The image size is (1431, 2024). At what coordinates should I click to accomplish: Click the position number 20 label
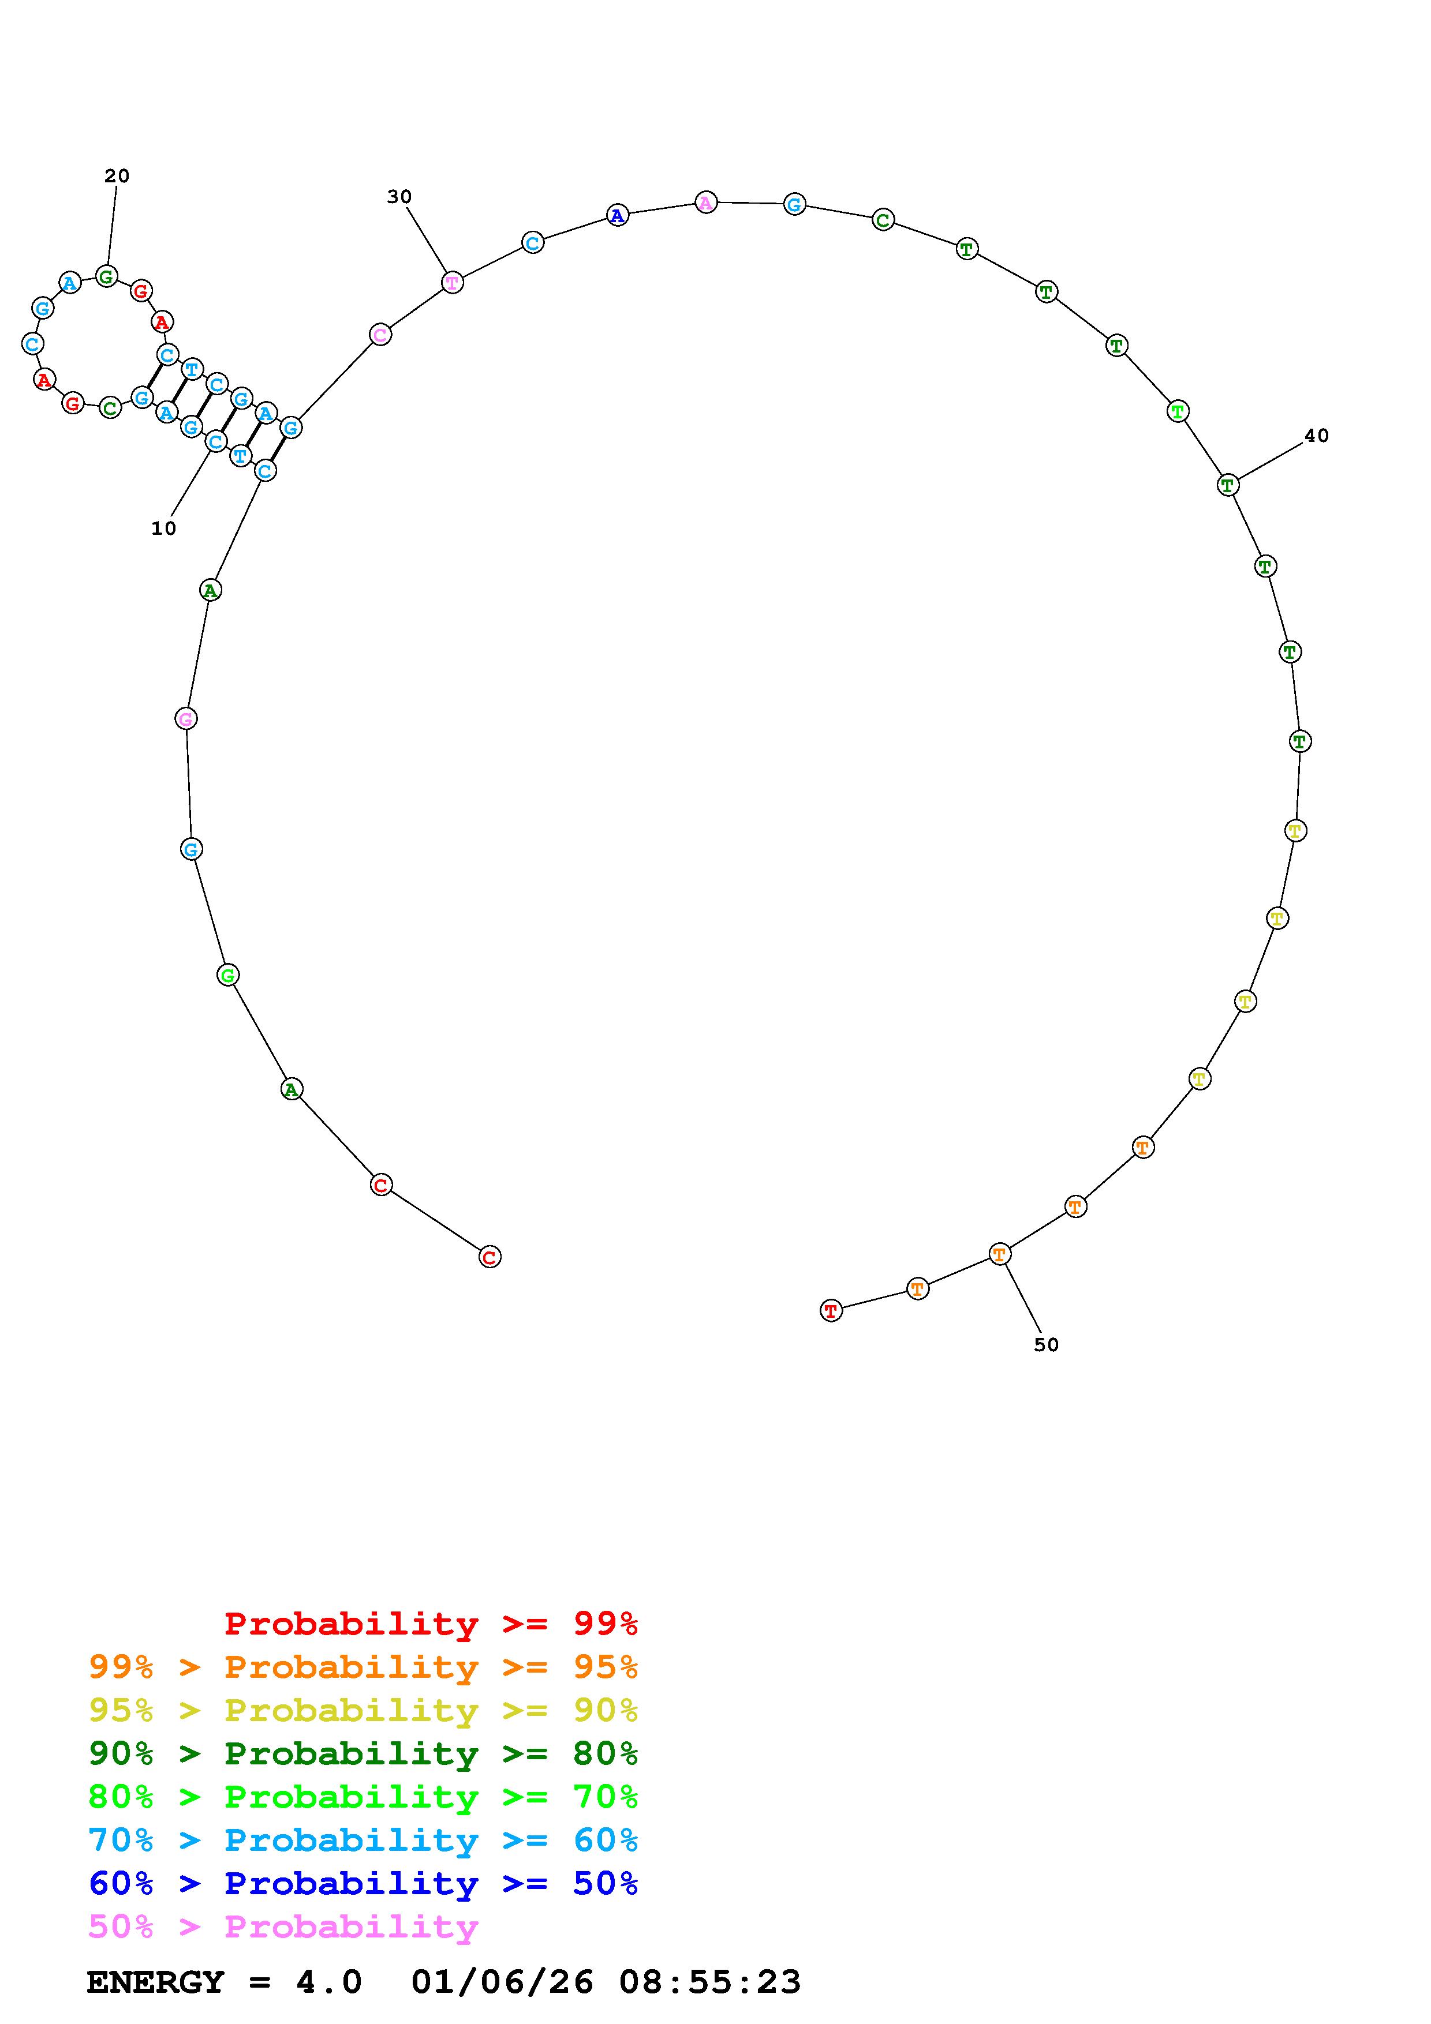pos(117,177)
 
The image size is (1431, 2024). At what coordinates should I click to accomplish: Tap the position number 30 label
pos(399,197)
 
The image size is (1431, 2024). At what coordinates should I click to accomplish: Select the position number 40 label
pos(1316,436)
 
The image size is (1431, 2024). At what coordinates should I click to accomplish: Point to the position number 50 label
pos(1046,1344)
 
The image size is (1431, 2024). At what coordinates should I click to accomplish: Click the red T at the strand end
pos(831,1311)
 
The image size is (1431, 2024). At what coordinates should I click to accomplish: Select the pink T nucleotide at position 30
pos(453,282)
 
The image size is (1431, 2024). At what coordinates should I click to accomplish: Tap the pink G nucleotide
pos(186,718)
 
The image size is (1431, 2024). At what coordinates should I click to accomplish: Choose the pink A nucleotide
pos(706,203)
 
